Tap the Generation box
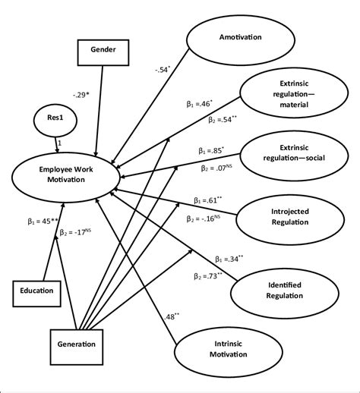click(77, 344)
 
